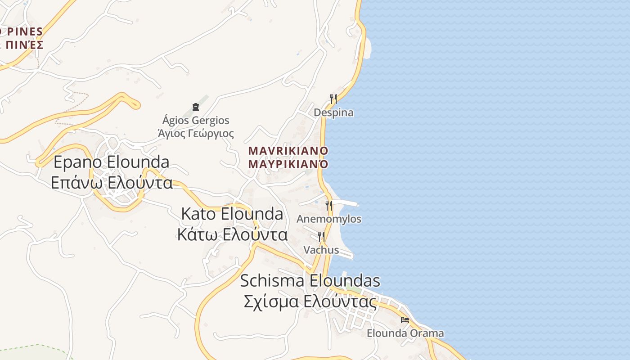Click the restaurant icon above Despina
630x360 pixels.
(333, 99)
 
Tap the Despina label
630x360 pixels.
(333, 112)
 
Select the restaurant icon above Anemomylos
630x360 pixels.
(329, 206)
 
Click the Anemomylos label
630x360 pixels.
(329, 219)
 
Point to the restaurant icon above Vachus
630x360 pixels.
(321, 236)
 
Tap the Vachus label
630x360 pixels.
(321, 250)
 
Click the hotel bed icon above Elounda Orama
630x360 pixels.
(405, 320)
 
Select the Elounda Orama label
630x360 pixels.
(405, 333)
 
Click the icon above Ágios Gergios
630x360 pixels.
(196, 107)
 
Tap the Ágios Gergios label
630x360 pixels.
(196, 121)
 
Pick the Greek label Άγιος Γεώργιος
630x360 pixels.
(196, 133)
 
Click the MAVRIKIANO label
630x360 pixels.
(288, 150)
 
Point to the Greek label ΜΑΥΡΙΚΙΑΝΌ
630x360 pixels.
(288, 163)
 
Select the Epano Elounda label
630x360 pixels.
(112, 162)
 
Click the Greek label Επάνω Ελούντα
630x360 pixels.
(112, 183)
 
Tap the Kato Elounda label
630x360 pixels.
(232, 214)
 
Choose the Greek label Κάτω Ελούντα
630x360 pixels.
(232, 234)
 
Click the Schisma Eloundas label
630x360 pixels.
(310, 281)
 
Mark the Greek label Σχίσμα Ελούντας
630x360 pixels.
(310, 301)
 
